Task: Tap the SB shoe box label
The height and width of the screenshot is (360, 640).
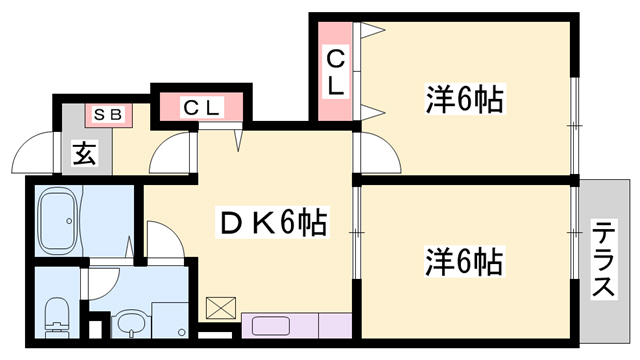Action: pyautogui.click(x=108, y=115)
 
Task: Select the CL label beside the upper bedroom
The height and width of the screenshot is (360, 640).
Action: pyautogui.click(x=335, y=73)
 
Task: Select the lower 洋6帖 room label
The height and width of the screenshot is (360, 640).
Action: pyautogui.click(x=462, y=262)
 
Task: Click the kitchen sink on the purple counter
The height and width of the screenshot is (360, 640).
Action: pyautogui.click(x=270, y=326)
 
